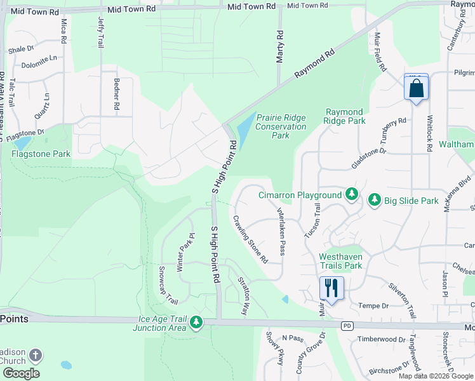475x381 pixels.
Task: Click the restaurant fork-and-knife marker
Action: (331, 288)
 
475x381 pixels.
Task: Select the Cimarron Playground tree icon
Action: (352, 195)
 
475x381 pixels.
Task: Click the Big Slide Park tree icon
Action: (375, 201)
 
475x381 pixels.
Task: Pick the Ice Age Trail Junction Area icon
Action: (197, 323)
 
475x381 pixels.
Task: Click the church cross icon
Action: (36, 356)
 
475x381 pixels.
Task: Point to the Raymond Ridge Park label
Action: (344, 116)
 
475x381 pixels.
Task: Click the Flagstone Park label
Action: (41, 154)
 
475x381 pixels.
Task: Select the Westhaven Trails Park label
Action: (340, 261)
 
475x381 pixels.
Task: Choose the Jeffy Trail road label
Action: (101, 32)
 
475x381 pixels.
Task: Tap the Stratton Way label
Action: (242, 297)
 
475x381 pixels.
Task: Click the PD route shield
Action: (347, 326)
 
